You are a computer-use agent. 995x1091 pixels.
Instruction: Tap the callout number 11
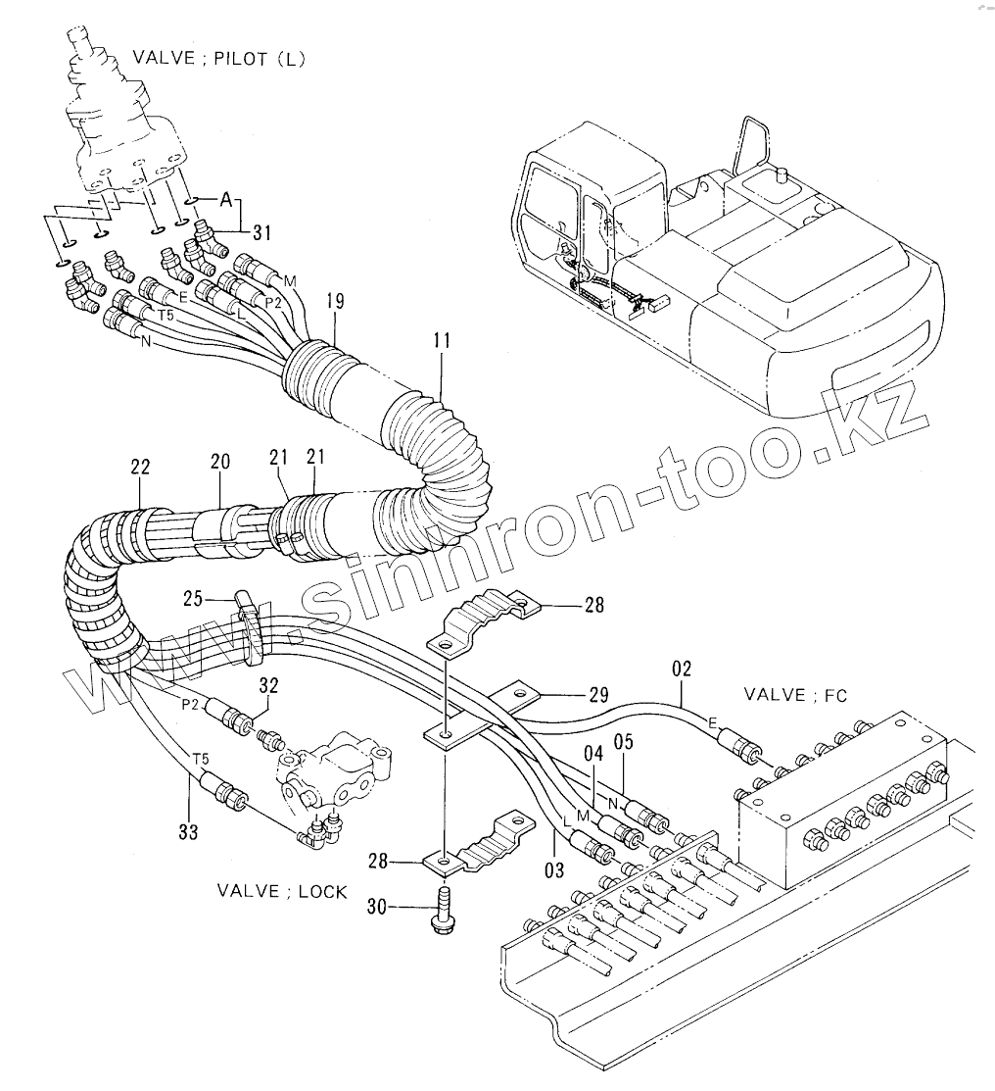pos(441,342)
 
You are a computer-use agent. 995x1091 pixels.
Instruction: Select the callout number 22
pos(140,469)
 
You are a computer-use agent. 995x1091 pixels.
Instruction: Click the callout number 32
pos(269,683)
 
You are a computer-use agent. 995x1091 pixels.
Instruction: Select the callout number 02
pos(682,670)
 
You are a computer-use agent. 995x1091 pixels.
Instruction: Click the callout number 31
pos(261,232)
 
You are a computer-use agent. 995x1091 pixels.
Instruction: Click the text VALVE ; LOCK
pos(282,893)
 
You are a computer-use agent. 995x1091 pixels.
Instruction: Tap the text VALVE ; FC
pos(795,695)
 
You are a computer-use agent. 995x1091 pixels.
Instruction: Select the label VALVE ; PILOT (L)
pos(234,58)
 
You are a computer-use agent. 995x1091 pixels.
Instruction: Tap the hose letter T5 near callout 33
pos(200,758)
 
